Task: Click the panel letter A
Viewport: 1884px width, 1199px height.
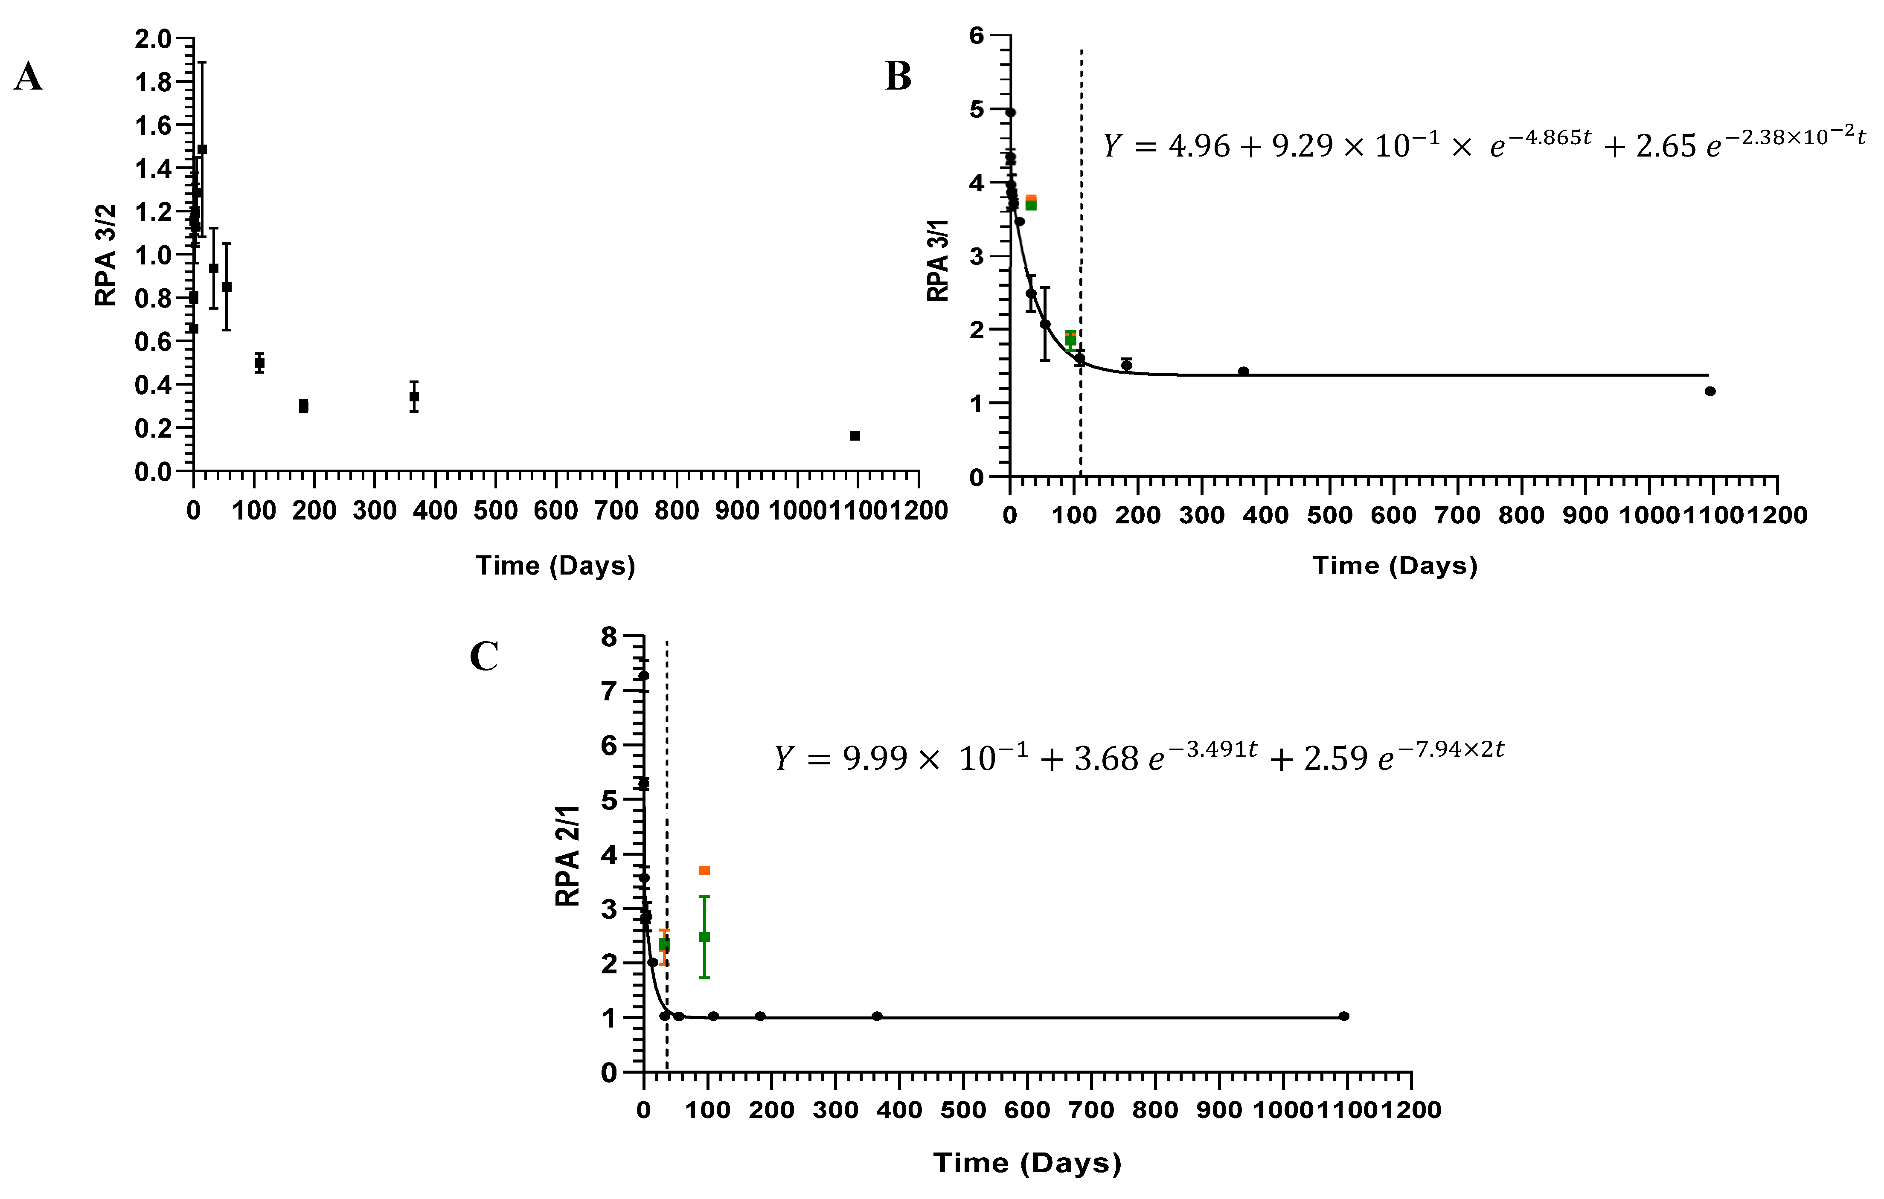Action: [x=28, y=78]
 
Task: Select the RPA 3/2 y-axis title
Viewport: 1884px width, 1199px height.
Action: [x=106, y=255]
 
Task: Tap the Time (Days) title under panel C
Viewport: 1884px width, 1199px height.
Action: [x=1027, y=1163]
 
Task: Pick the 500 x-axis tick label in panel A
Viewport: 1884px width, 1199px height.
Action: [x=495, y=511]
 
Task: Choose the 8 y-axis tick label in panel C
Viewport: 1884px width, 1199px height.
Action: [x=609, y=637]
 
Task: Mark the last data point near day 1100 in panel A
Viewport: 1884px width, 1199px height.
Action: [x=855, y=435]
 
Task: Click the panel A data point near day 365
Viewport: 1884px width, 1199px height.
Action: [x=414, y=397]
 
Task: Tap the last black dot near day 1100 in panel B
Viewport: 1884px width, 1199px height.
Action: [x=1710, y=391]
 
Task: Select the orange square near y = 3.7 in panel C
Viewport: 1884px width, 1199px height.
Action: [x=704, y=871]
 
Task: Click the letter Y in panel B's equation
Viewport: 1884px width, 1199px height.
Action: [x=1112, y=146]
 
